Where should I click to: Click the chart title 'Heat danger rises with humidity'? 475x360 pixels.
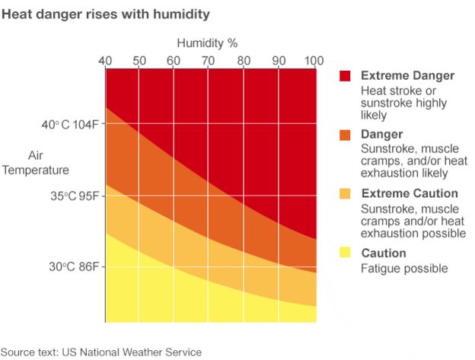(x=106, y=14)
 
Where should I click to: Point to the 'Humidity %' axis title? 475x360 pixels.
(x=208, y=43)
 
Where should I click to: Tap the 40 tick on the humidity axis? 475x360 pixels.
(x=106, y=61)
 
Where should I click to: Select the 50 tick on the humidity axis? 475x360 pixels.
(x=139, y=61)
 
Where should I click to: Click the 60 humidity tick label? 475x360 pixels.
(x=174, y=61)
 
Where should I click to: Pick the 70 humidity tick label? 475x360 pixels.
(x=208, y=61)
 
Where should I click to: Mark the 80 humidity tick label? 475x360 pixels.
(x=243, y=61)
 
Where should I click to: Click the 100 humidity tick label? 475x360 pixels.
(x=313, y=61)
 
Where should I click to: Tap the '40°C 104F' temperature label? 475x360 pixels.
(x=65, y=125)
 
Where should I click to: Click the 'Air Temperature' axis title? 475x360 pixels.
(x=35, y=162)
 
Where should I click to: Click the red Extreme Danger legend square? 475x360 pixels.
(x=345, y=76)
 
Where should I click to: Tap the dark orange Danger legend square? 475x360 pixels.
(x=345, y=135)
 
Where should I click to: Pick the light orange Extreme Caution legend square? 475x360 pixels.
(x=345, y=194)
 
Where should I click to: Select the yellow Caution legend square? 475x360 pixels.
(x=345, y=253)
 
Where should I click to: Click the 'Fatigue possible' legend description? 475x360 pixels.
(x=403, y=268)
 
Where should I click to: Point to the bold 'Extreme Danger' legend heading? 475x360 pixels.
(x=407, y=76)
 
